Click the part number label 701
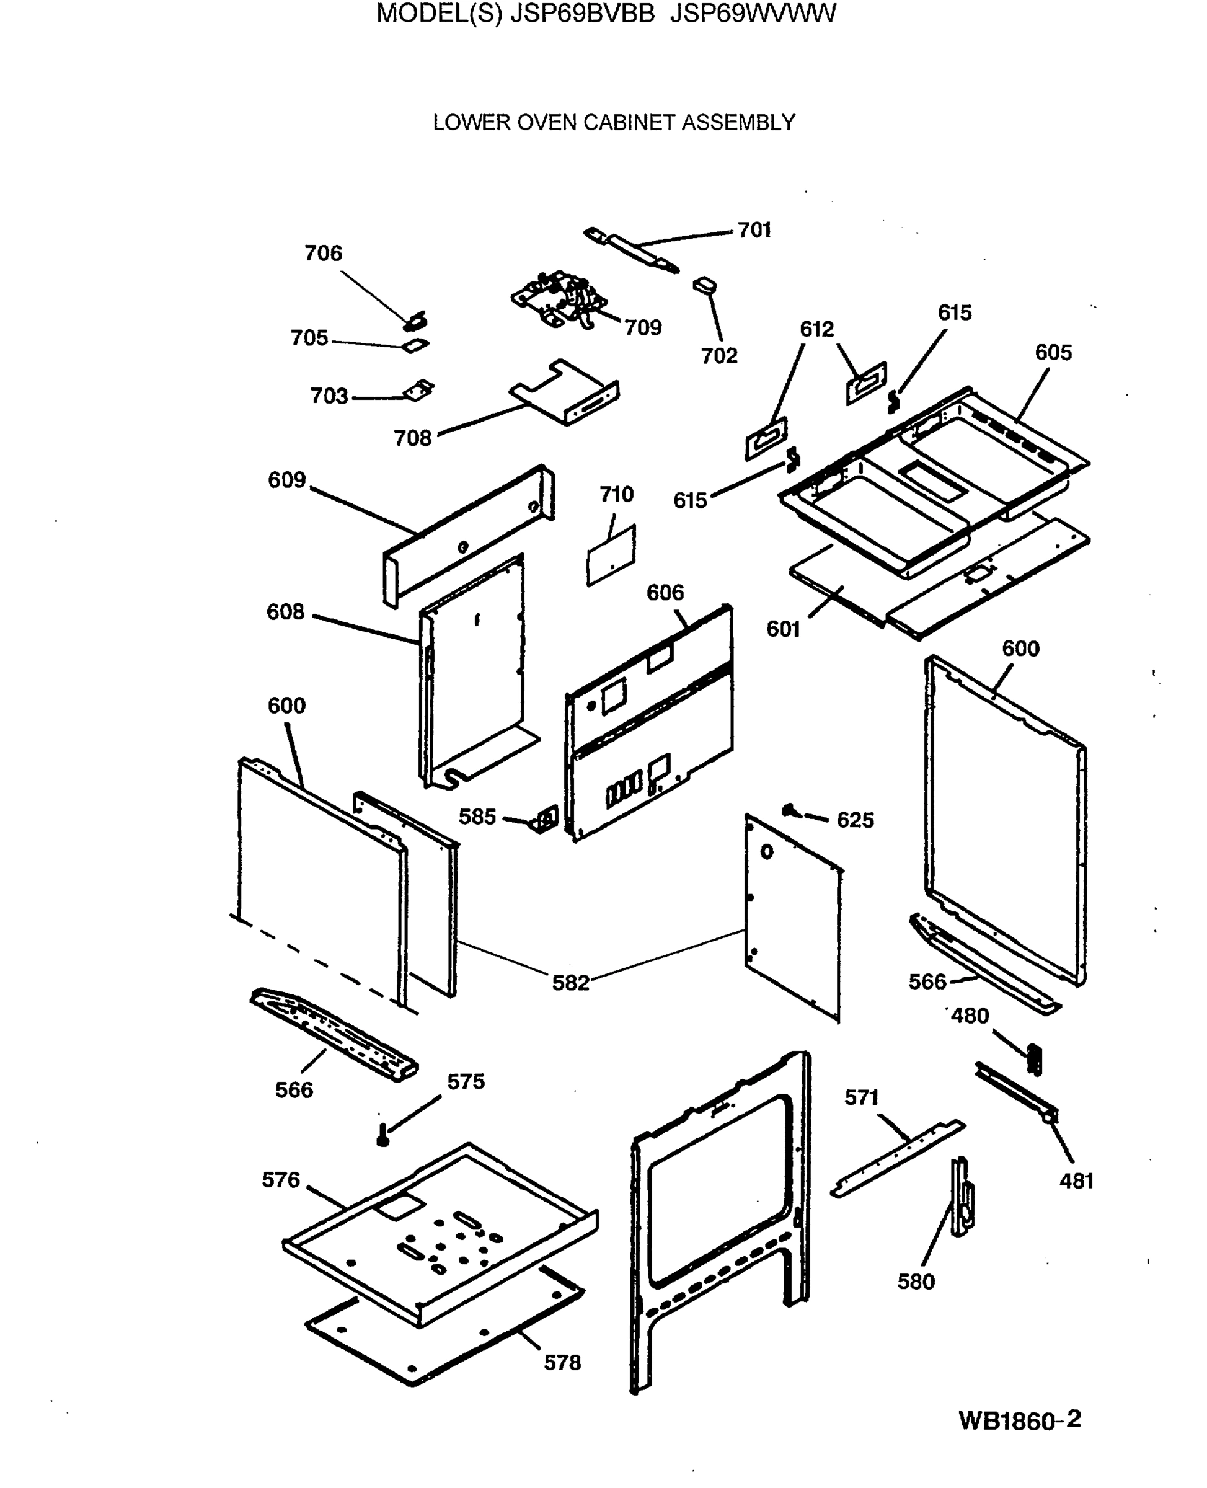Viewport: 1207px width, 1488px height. point(754,229)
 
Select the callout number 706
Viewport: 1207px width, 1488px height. point(324,253)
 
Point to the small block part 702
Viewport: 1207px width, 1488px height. point(705,285)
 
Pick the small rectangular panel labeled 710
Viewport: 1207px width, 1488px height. point(611,556)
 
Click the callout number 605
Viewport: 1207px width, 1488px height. point(1053,353)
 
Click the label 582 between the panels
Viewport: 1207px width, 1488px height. point(570,983)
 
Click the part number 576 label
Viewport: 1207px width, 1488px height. point(281,1179)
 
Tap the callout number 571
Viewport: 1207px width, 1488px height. point(862,1097)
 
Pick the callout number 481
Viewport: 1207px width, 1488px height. point(1076,1180)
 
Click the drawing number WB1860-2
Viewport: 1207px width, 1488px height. point(1019,1420)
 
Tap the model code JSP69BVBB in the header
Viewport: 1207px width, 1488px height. point(583,14)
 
